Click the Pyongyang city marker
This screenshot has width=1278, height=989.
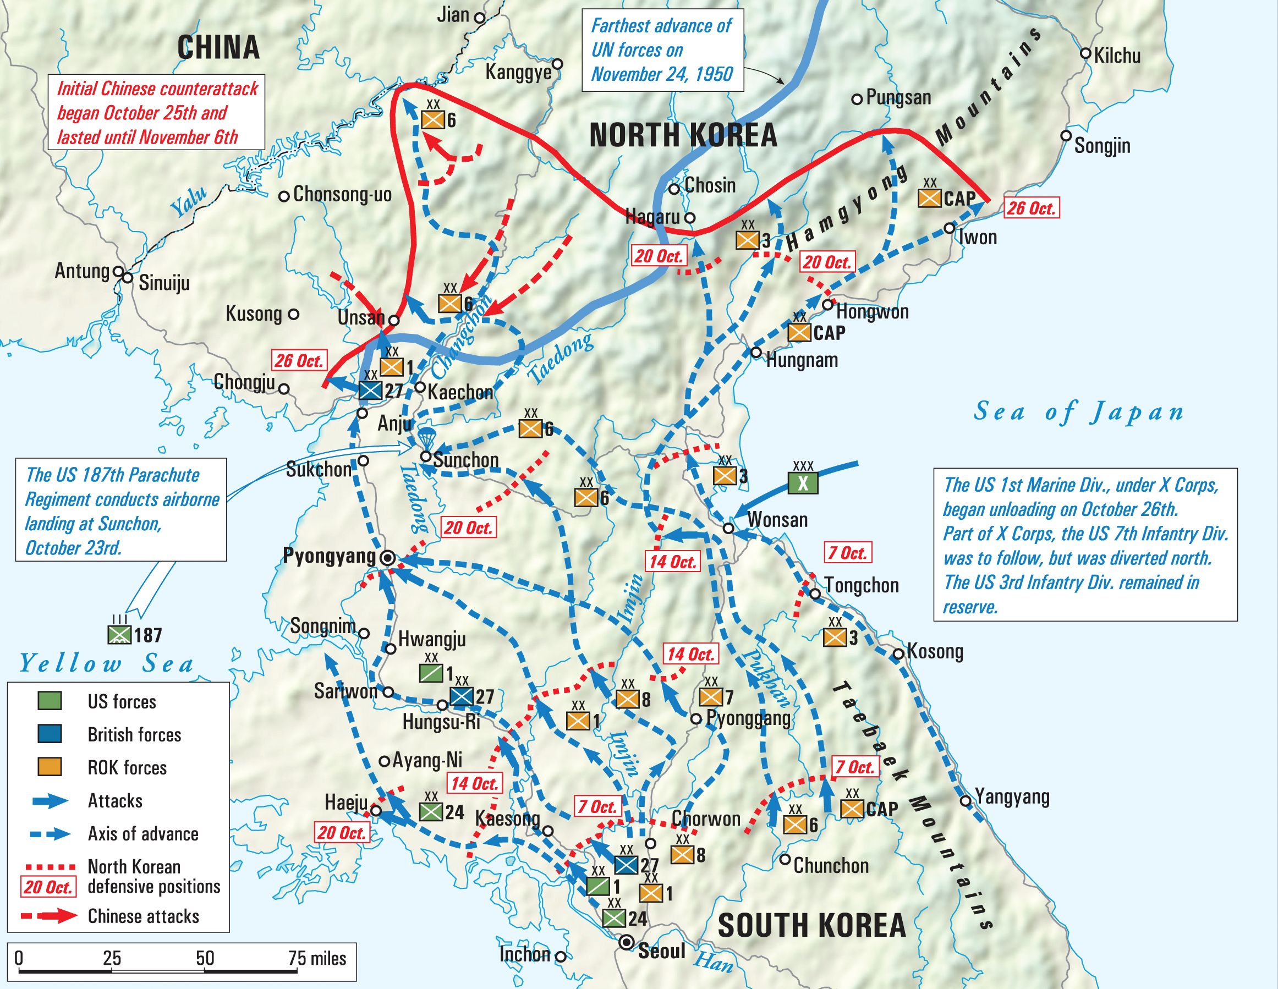click(387, 558)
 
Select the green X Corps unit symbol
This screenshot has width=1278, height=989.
click(803, 483)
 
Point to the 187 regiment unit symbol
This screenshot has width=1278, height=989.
click(120, 635)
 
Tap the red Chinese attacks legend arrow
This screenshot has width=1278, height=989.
click(50, 916)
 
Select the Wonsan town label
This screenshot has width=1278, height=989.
click(777, 520)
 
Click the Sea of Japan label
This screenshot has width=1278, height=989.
click(1078, 413)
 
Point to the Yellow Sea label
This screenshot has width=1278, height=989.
click(107, 663)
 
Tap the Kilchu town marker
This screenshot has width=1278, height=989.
click(1085, 53)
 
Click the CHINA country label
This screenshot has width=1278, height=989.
click(218, 47)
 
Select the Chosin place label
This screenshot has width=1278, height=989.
click(710, 185)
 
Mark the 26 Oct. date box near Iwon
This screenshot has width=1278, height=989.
click(1031, 208)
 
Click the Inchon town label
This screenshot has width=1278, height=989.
click(525, 954)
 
